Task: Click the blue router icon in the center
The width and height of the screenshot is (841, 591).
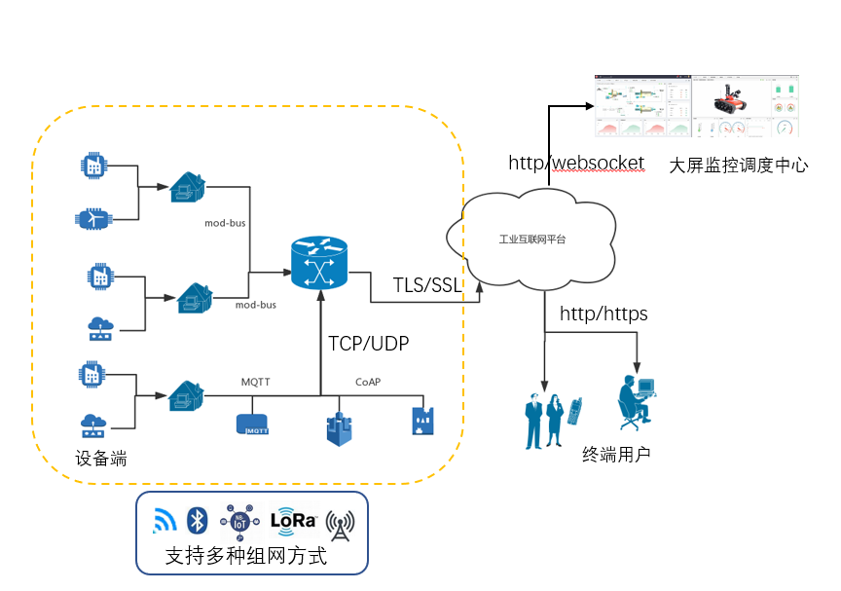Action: click(319, 260)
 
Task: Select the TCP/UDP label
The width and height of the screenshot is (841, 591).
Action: click(369, 343)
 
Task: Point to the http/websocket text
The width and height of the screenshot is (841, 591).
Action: click(576, 162)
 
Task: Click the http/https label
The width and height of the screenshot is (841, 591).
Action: click(603, 314)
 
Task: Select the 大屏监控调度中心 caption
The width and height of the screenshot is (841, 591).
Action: click(739, 166)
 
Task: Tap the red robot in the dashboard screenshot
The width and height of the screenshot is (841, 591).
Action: click(729, 100)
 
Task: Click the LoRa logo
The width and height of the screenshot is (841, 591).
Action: click(294, 520)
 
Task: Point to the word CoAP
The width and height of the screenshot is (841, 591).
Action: click(368, 383)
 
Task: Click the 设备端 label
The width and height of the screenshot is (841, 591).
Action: click(101, 458)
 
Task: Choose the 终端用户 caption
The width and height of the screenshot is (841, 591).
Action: click(616, 455)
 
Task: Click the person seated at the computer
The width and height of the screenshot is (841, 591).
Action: click(637, 400)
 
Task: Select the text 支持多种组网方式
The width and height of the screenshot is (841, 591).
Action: click(245, 558)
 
